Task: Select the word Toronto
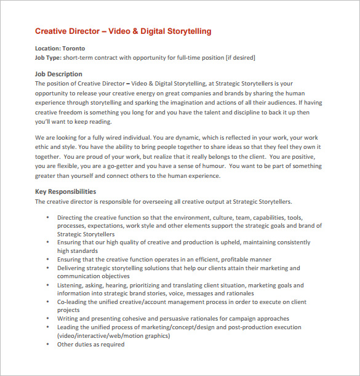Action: coord(73,48)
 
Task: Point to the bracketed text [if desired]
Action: coord(236,57)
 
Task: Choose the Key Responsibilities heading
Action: coord(65,191)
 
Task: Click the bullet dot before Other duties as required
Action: coord(47,345)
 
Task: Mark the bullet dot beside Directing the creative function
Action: coord(47,218)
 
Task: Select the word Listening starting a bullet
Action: coord(71,285)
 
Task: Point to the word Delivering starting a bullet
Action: coord(71,268)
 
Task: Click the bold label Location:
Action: coord(47,48)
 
